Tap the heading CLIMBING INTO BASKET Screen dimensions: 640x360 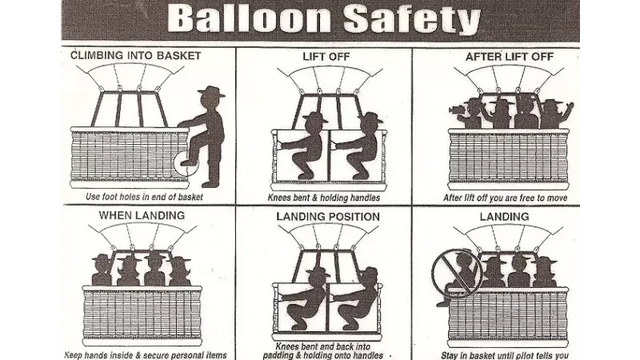[136, 55]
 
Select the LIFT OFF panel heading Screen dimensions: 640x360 [326, 56]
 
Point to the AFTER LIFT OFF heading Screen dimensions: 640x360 [510, 56]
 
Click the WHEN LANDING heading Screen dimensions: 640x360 [142, 215]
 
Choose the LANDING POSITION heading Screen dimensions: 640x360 [328, 216]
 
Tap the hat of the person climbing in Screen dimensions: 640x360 [211, 91]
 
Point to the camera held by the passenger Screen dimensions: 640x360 [455, 110]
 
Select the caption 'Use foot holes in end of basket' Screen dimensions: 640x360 [144, 197]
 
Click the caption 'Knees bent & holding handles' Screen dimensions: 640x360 [324, 198]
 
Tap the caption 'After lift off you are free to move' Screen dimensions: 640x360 [506, 198]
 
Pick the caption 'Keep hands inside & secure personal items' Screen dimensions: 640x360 [146, 355]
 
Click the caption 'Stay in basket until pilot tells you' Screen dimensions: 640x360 [505, 355]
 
